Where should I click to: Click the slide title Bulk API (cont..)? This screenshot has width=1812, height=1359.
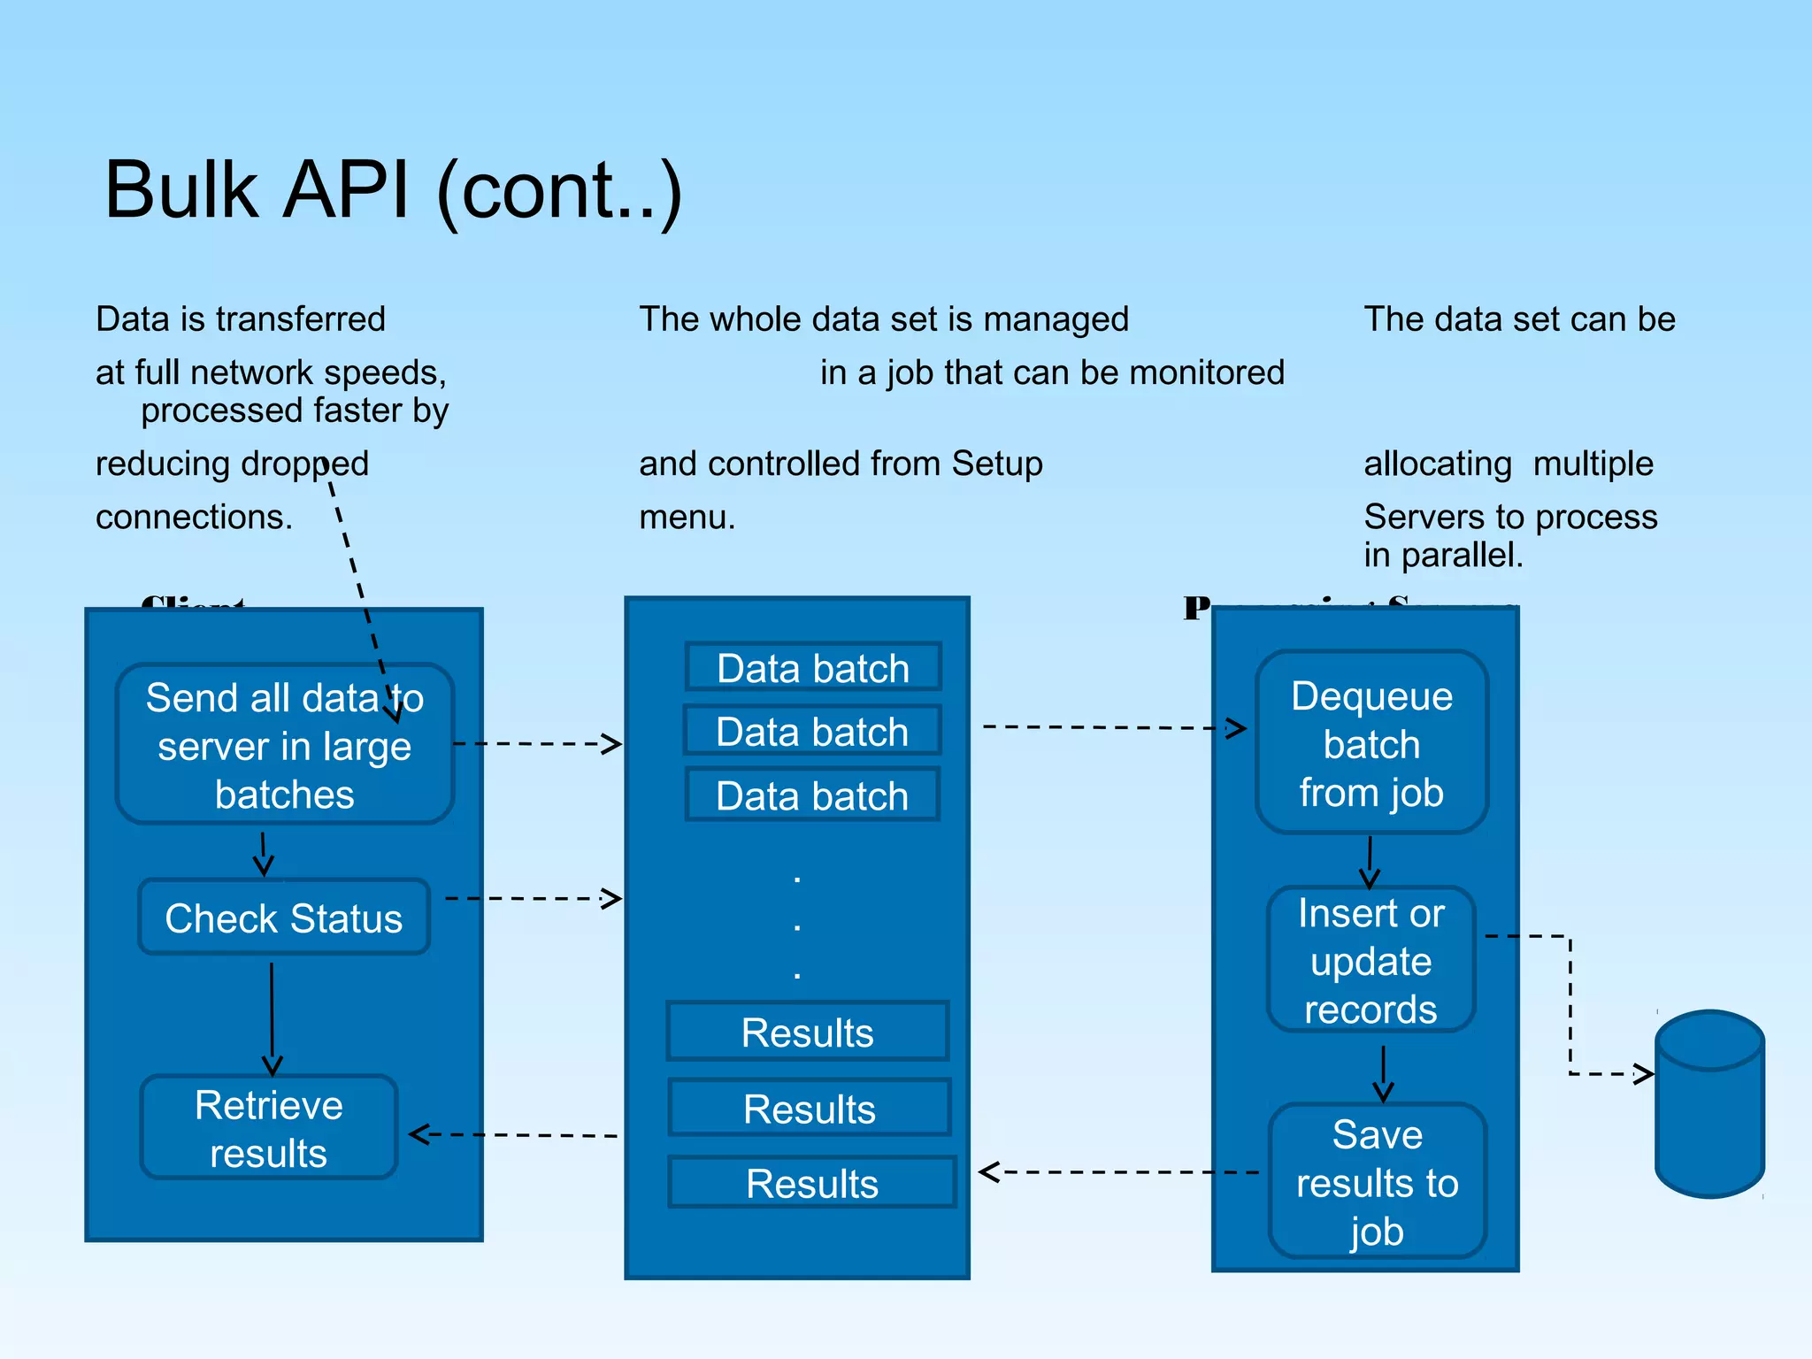tap(393, 190)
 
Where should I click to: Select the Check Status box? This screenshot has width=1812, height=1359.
tap(284, 918)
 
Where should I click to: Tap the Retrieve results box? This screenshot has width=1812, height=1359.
tap(269, 1128)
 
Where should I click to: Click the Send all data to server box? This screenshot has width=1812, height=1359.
tap(284, 745)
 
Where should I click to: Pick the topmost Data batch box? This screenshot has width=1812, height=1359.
tap(813, 668)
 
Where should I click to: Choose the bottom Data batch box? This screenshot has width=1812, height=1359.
tap(812, 795)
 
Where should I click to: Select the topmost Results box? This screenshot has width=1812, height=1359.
tap(808, 1032)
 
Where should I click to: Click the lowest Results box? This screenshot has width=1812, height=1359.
tap(812, 1183)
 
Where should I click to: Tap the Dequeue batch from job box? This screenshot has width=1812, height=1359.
tap(1371, 744)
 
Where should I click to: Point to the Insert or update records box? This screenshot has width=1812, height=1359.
tap(1371, 961)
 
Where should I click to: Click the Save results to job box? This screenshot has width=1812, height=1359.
tap(1377, 1182)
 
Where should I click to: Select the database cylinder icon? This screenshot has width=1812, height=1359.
tap(1709, 1106)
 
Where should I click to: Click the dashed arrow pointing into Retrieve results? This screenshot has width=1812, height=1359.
tap(513, 1134)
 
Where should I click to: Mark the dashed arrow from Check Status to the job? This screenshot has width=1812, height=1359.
tap(531, 898)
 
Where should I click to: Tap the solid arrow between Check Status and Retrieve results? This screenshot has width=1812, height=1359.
tap(272, 1017)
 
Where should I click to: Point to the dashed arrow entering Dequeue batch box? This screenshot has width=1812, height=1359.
tap(1115, 727)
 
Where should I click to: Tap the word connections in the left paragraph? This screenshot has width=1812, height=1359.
tap(194, 517)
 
